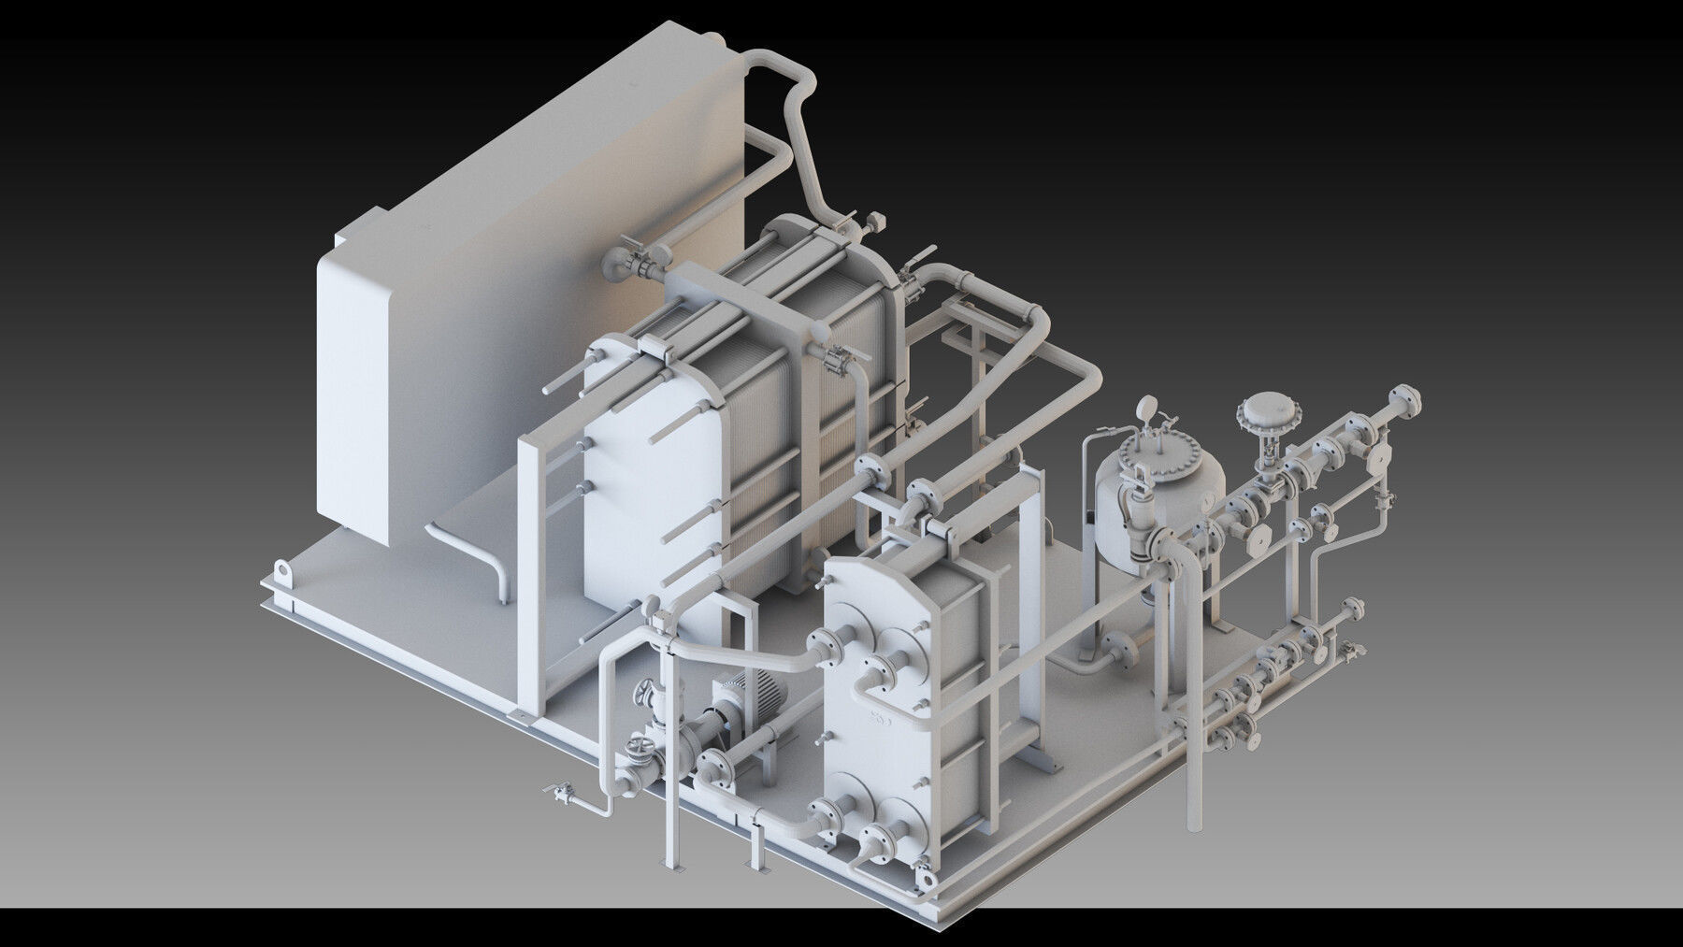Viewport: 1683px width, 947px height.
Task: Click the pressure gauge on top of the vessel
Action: click(1146, 409)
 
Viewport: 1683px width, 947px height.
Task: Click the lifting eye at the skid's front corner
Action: click(926, 880)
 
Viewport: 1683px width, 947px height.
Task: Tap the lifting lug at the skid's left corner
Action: click(281, 569)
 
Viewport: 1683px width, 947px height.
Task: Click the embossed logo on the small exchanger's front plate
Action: click(881, 720)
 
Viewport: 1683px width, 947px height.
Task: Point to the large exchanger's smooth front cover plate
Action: click(645, 505)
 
